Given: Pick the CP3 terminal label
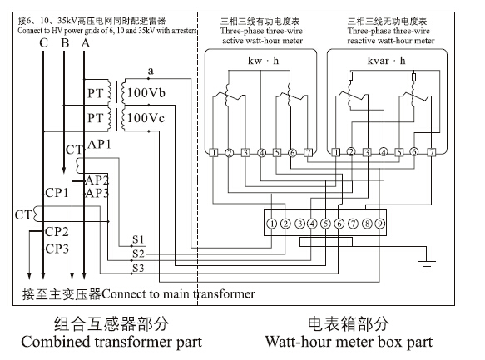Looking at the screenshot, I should point(57,249).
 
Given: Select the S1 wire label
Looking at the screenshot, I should point(138,241).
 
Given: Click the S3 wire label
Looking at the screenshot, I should point(138,268).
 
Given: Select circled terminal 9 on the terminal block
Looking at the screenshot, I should point(379,223).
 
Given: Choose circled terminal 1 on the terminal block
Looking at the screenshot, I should point(271,223).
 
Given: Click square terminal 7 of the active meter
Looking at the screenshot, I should point(309,152).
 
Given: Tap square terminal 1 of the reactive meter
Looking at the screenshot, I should point(334,152).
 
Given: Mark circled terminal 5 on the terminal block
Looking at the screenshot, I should point(325,223).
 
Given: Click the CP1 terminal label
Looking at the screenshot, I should point(57,193).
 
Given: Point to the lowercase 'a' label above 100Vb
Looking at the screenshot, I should point(151,72).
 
